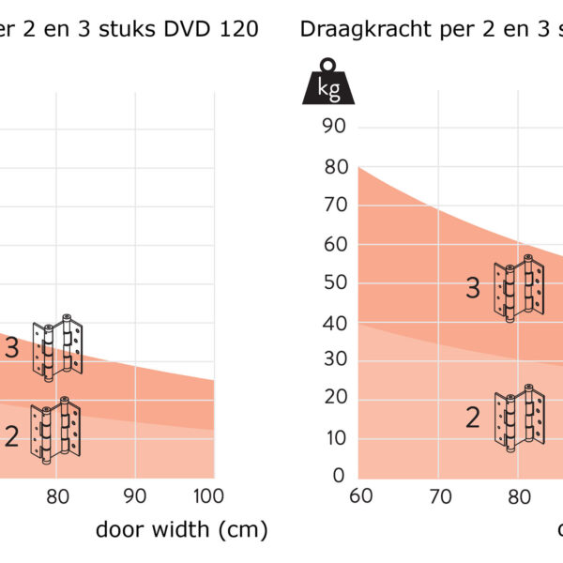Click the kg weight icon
pos(328,82)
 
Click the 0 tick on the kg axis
pos(338,476)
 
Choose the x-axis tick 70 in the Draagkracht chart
pos(438,495)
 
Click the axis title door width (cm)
pos(181,529)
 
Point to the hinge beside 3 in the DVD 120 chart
pos(58,348)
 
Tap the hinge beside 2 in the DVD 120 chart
pos(55,431)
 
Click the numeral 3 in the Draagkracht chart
pos(473,289)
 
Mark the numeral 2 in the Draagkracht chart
pos(473,418)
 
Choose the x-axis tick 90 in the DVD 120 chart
pos(135,495)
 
